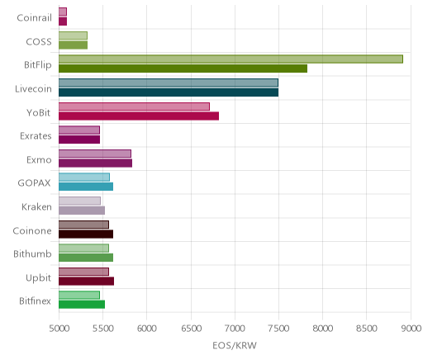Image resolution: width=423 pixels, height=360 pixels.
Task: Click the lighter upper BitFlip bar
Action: [x=231, y=59]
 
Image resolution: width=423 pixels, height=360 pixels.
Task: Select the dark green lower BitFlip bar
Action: [x=183, y=69]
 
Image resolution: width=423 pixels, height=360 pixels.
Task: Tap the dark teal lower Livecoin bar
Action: [x=169, y=92]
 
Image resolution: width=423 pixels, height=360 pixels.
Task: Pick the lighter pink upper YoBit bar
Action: [x=134, y=107]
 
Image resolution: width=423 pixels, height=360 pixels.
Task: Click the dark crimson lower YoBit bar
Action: [x=139, y=116]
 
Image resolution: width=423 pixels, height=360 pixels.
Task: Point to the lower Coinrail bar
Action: [x=63, y=21]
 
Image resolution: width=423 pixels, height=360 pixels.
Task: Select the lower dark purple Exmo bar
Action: [x=95, y=163]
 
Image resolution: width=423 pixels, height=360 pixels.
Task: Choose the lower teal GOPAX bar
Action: [x=86, y=187]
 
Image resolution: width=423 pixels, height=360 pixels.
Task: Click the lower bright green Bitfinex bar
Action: [x=82, y=305]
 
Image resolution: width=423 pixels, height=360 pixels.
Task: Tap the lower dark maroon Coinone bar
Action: [x=86, y=234]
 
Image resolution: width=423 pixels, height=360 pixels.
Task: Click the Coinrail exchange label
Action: [x=34, y=18]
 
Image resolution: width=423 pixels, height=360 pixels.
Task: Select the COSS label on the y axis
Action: [x=39, y=42]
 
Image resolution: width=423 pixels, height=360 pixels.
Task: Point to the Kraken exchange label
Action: [x=36, y=206]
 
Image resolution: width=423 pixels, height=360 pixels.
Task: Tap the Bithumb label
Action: [x=32, y=253]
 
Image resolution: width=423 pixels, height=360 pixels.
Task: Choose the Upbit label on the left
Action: [x=38, y=278]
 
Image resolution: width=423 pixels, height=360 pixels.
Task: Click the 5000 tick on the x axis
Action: [x=59, y=329]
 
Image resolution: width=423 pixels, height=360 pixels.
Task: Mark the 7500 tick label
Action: [x=279, y=329]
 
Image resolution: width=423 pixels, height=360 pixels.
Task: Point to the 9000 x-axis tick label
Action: [x=411, y=329]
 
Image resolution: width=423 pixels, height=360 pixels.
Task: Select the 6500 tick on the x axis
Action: [x=191, y=329]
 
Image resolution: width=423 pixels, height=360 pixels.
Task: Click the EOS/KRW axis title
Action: [x=235, y=345]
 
